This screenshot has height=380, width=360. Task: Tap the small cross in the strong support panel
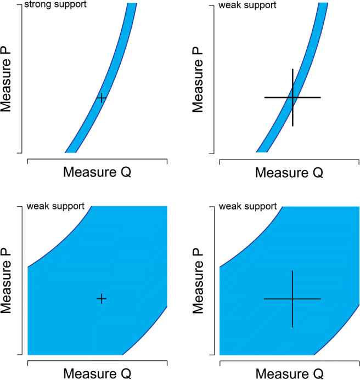(x=101, y=98)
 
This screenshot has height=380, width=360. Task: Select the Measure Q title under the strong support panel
(x=97, y=172)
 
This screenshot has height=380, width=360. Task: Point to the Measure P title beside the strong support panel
(x=7, y=78)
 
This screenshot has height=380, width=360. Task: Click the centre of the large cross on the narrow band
(x=292, y=98)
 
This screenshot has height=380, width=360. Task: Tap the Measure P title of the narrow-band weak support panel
(x=199, y=78)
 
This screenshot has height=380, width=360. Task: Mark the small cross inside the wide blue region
(x=101, y=299)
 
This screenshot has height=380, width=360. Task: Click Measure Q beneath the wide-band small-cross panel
(x=97, y=373)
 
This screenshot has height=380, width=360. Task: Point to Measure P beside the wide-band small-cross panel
(x=7, y=280)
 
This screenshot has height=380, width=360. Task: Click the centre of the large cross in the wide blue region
(x=292, y=299)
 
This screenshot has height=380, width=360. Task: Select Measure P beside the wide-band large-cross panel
(x=199, y=280)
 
